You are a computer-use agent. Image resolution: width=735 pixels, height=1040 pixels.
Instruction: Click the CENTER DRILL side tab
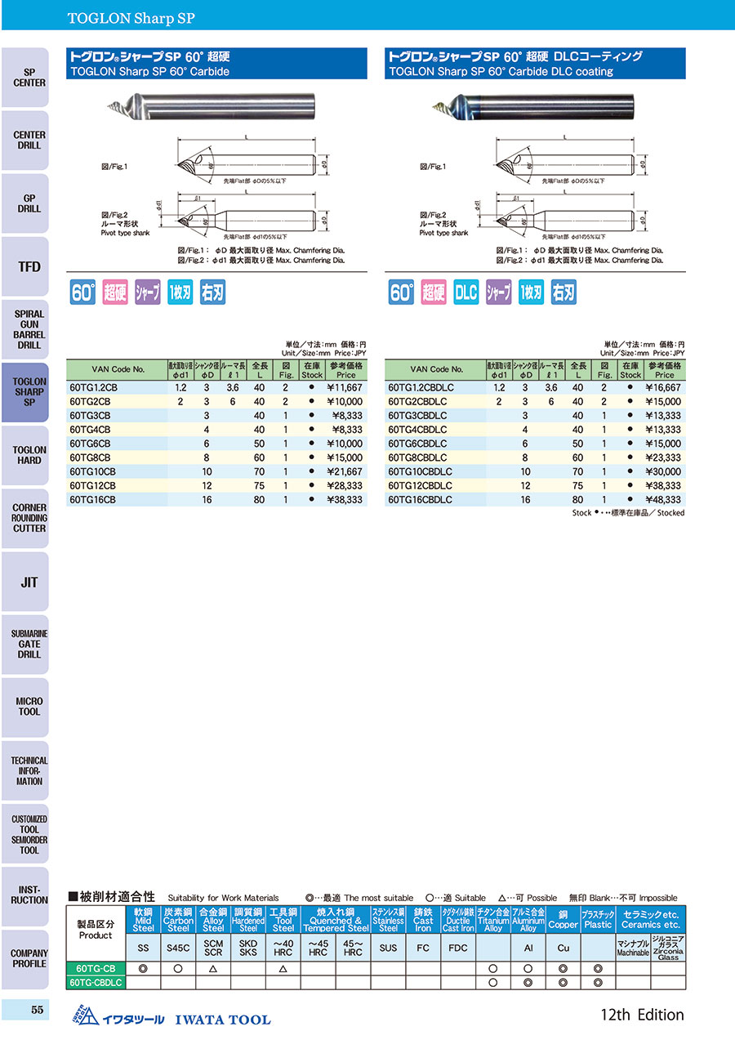pyautogui.click(x=29, y=141)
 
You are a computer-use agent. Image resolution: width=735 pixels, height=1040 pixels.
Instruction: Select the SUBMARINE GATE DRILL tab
pyautogui.click(x=29, y=644)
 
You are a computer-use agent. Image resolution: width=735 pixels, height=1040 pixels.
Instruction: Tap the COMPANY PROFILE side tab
pyautogui.click(x=29, y=958)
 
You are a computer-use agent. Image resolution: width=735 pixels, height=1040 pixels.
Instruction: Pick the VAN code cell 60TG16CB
pyautogui.click(x=94, y=499)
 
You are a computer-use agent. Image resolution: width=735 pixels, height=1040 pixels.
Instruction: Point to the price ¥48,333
pyautogui.click(x=663, y=499)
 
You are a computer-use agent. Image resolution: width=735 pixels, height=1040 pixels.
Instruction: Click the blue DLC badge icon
pyautogui.click(x=465, y=292)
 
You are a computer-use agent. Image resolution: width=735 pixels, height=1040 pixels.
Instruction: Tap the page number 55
pyautogui.click(x=36, y=1010)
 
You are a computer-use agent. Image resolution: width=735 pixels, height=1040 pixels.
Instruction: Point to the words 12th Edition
pyautogui.click(x=641, y=1015)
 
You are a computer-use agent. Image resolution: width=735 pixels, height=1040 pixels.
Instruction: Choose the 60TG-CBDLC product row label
pyautogui.click(x=96, y=982)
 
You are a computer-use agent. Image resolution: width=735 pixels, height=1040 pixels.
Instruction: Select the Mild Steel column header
pyautogui.click(x=143, y=920)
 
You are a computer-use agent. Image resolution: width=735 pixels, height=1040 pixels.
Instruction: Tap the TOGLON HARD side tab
pyautogui.click(x=29, y=455)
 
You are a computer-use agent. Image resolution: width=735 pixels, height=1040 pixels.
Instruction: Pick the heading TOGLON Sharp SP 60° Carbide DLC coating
pyautogui.click(x=501, y=71)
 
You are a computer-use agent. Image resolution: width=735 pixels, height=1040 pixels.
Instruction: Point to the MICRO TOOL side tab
pyautogui.click(x=29, y=707)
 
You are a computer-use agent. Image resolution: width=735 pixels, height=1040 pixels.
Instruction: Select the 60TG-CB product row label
pyautogui.click(x=96, y=968)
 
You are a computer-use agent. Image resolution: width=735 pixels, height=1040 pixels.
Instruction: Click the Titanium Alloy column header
pyautogui.click(x=493, y=920)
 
